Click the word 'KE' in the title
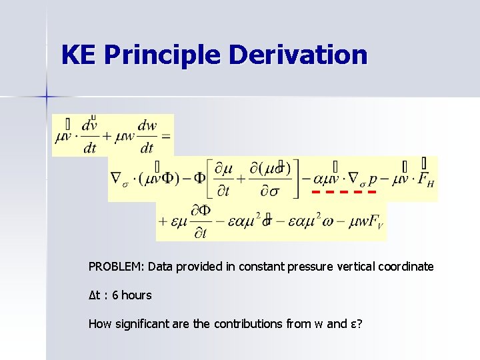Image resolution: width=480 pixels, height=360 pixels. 77,55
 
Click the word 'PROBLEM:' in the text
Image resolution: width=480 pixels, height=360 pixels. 117,267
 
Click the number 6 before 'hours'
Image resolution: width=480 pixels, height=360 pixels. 115,295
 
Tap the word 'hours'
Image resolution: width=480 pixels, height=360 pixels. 137,295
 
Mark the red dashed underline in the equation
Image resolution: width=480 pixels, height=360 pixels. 340,192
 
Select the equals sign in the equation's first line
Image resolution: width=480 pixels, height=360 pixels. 165,137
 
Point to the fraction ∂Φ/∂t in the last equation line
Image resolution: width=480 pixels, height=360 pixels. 201,221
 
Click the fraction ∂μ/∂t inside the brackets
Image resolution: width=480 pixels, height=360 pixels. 227,179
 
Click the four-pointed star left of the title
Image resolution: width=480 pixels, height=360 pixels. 47,97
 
